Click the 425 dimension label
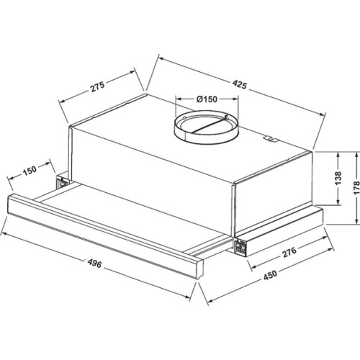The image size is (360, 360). tap(239, 85)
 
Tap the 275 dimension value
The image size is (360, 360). tap(97, 87)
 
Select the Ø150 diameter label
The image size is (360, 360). tap(207, 99)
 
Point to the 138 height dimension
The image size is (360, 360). tap(338, 178)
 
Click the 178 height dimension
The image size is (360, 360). tap(356, 188)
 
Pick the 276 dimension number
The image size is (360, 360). tap(289, 252)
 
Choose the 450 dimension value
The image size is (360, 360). tap(270, 275)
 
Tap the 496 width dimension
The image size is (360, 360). tap(94, 264)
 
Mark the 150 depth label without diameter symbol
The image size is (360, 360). tap(30, 170)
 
